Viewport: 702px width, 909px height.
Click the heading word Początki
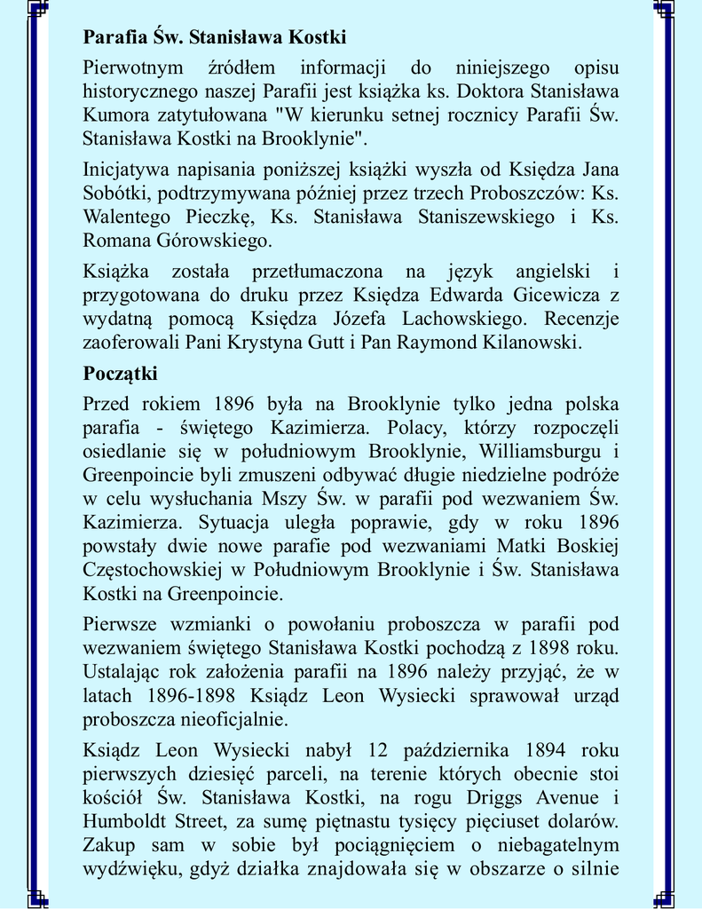[120, 372]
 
